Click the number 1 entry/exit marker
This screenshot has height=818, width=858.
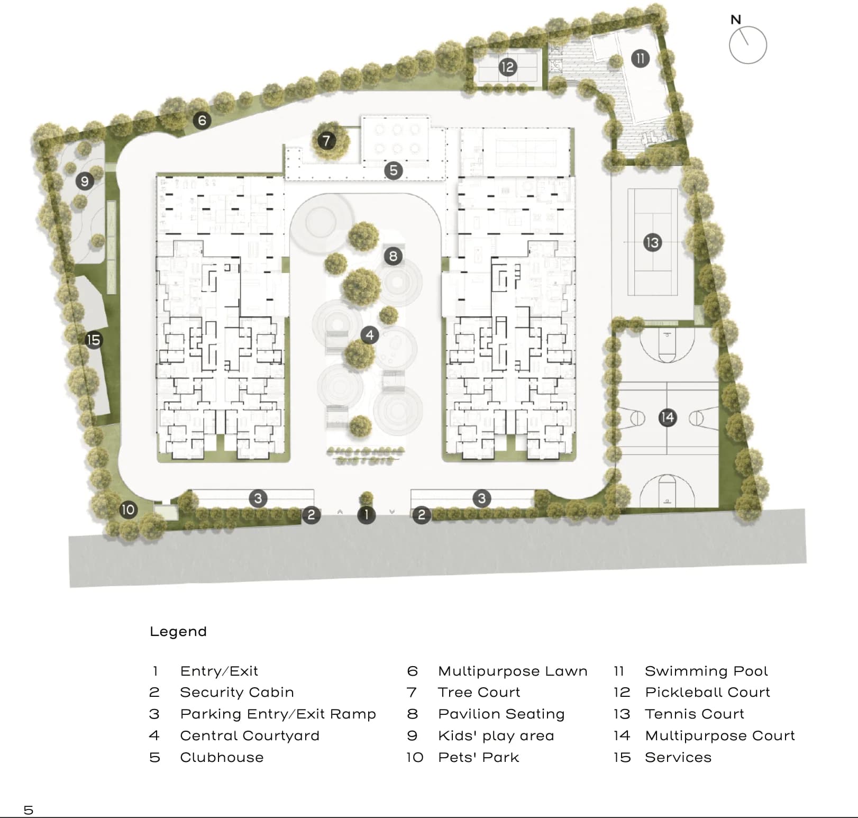tap(366, 515)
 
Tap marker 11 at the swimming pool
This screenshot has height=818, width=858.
tap(640, 58)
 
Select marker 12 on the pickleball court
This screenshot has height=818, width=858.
tap(507, 67)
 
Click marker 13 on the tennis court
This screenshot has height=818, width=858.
tap(652, 242)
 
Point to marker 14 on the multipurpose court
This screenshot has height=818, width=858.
tap(668, 417)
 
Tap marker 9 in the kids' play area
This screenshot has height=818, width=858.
tap(85, 181)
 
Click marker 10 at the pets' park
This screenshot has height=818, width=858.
tap(129, 510)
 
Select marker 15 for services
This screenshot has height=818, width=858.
tap(93, 340)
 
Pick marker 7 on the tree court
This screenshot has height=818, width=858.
tap(326, 141)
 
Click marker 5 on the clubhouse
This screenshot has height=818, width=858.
tap(393, 170)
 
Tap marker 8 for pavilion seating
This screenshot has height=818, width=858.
tap(393, 257)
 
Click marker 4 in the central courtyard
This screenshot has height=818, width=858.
tap(370, 335)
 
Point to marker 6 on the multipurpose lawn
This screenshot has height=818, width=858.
tap(202, 121)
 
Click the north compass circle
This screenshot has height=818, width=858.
tap(747, 46)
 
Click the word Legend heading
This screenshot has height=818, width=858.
tap(178, 632)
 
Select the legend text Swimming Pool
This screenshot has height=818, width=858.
tap(706, 671)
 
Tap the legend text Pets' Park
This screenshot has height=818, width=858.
tap(478, 758)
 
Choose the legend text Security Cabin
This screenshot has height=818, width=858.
tap(236, 693)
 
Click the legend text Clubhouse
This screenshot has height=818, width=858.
tap(222, 758)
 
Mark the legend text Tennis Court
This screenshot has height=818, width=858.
tap(694, 714)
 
